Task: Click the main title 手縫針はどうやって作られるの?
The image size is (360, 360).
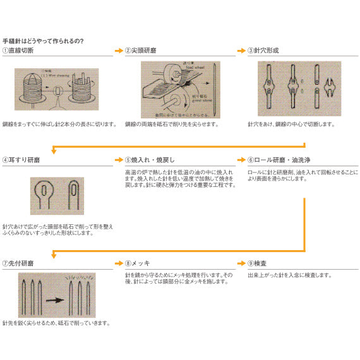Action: click(x=44, y=41)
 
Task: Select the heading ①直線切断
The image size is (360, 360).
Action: click(x=19, y=51)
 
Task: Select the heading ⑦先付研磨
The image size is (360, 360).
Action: click(x=19, y=262)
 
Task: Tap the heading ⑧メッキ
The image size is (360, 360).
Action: click(x=138, y=262)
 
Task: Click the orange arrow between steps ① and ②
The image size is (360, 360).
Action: click(x=118, y=50)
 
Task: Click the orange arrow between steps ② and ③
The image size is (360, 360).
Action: click(x=241, y=50)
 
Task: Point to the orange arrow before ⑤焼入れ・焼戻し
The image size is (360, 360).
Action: click(x=118, y=160)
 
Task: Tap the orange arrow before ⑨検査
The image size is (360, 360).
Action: click(x=241, y=261)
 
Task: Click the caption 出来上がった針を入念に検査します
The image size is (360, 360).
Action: click(x=289, y=275)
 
